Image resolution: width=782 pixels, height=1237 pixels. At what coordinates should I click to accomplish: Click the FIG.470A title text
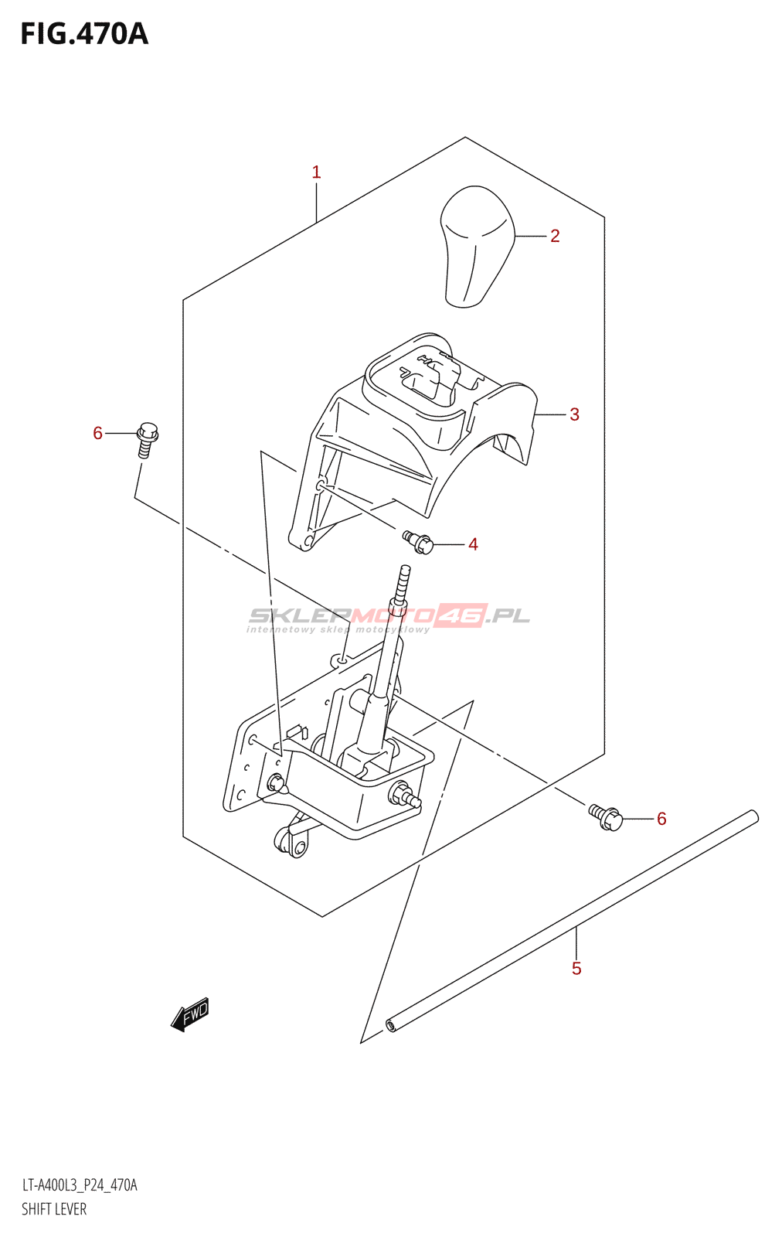point(84,34)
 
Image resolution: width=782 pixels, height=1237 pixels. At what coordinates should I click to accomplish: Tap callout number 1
point(316,172)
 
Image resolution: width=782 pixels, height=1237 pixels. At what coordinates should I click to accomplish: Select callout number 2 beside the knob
point(555,236)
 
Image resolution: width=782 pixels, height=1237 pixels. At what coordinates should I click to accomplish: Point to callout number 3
point(574,414)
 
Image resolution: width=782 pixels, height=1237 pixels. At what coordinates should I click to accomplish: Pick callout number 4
point(473,544)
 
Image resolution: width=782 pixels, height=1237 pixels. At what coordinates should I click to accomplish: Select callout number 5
point(576,969)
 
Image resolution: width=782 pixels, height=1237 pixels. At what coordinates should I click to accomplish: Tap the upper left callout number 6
point(97,433)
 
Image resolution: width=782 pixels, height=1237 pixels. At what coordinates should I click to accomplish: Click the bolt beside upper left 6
point(147,439)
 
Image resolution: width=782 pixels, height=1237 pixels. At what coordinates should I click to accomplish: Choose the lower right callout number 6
point(661,819)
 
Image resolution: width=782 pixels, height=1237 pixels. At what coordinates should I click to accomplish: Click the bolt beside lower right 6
point(607,817)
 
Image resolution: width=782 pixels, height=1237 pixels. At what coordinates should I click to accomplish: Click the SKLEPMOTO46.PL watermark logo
point(389,617)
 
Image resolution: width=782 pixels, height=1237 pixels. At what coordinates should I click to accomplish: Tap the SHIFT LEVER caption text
point(54,1209)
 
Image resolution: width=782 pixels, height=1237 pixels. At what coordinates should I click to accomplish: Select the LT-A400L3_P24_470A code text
point(80,1185)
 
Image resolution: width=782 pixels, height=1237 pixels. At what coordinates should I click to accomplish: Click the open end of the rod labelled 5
point(392,1026)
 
